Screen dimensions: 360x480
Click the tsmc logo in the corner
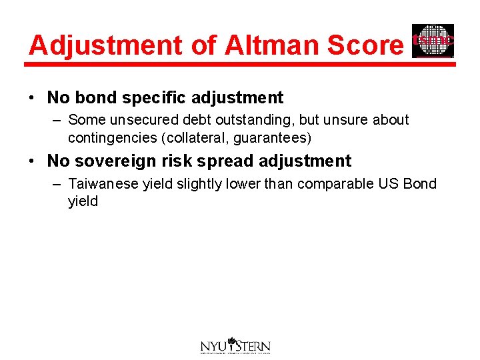[x=433, y=41]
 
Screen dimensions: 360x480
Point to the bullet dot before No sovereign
[x=33, y=161]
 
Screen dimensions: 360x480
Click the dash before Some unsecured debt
[x=55, y=120]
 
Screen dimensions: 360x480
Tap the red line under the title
[x=240, y=65]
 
